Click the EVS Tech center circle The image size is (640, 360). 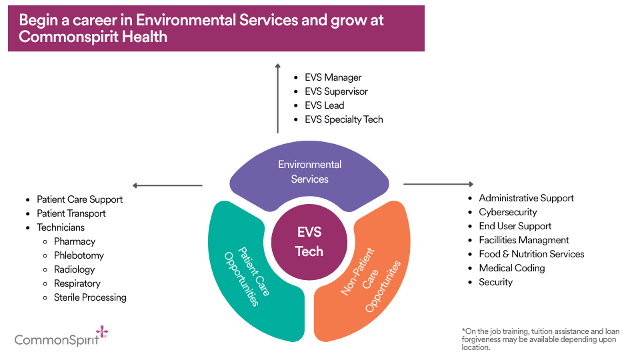(309, 241)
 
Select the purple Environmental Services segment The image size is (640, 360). (309, 172)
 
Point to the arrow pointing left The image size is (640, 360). (167, 185)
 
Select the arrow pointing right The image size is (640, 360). (438, 184)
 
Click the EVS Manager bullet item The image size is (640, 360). (333, 77)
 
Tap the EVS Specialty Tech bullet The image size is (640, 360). (344, 119)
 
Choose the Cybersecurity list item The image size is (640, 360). (508, 212)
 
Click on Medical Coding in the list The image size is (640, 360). (512, 268)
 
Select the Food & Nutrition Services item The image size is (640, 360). (531, 254)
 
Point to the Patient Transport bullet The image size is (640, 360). (71, 213)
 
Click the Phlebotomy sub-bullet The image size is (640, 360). (79, 255)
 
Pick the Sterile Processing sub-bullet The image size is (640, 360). (90, 297)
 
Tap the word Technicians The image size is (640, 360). (61, 227)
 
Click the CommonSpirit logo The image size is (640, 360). (61, 338)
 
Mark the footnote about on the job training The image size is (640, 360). (540, 339)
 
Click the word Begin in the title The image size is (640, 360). (38, 20)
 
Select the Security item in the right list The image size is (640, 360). (496, 282)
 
